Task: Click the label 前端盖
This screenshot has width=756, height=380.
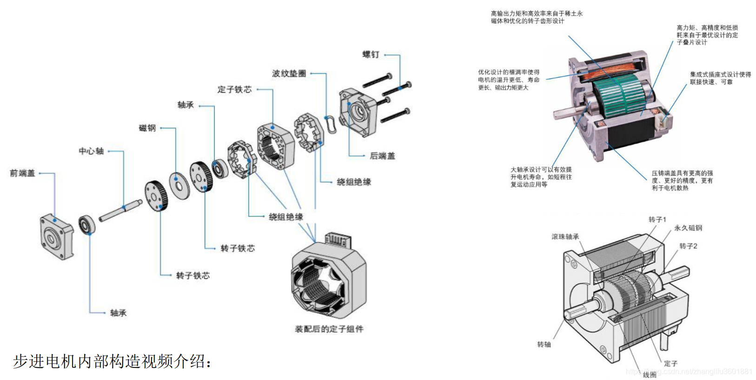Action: coord(22,173)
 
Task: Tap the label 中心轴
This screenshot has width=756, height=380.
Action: coord(91,151)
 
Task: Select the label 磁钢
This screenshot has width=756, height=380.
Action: coord(147,128)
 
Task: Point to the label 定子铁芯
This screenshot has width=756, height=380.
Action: coord(234,89)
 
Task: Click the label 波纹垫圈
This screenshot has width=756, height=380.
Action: coord(289,74)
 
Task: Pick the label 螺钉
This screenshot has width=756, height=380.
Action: coord(371,54)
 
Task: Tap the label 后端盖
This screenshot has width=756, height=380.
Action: coord(382,156)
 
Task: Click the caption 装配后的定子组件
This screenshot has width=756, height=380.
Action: coord(329,329)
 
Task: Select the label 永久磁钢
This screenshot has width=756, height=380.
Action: coord(688,228)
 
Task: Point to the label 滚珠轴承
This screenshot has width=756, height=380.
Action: coord(565,237)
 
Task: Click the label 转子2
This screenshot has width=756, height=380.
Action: coord(688,246)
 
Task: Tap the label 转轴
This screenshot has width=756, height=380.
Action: coord(544,345)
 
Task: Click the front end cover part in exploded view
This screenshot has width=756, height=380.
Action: coord(56,236)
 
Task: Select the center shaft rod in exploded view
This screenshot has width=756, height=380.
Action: coord(120,210)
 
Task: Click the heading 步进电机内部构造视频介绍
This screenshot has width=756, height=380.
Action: coord(113,361)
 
